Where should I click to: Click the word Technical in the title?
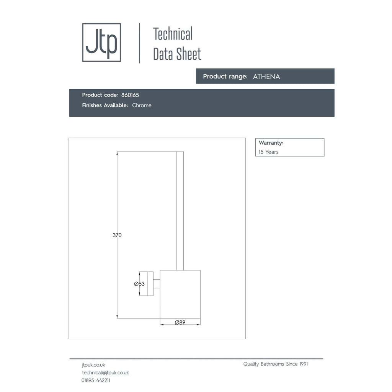(x=173, y=34)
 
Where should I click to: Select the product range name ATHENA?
(x=266, y=77)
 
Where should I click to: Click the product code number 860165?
(x=130, y=95)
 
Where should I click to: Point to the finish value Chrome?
(x=142, y=105)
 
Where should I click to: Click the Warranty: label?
(x=271, y=143)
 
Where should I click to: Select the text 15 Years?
(x=268, y=152)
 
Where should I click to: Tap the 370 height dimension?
(x=117, y=235)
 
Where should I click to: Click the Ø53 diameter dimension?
(x=139, y=284)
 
